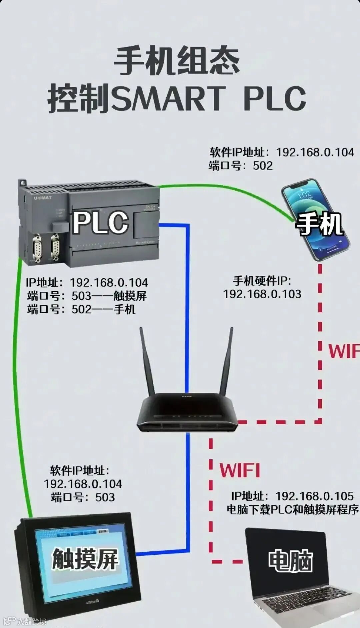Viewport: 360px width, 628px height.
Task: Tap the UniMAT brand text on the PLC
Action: (43, 198)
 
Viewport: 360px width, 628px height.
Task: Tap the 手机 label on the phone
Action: (319, 224)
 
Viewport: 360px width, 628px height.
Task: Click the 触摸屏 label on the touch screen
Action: (85, 559)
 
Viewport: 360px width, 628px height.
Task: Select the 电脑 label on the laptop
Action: (290, 561)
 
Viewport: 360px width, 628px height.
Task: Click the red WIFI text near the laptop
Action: (240, 470)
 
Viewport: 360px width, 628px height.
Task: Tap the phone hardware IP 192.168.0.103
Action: (262, 294)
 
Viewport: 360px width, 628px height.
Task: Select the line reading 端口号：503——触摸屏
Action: (87, 296)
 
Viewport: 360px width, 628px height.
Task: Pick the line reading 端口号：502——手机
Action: (81, 309)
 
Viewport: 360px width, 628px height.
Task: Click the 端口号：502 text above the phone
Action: (241, 166)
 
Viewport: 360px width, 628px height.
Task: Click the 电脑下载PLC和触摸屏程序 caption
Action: (293, 509)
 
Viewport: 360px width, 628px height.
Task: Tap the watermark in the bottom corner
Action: (25, 621)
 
